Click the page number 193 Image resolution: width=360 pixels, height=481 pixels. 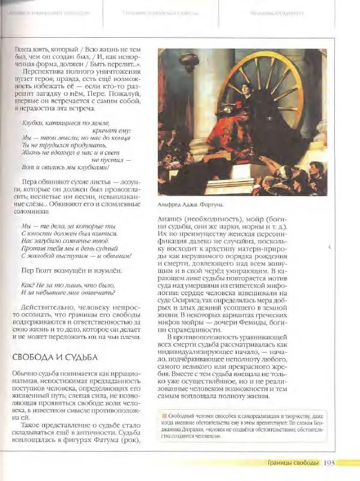[329, 462]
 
